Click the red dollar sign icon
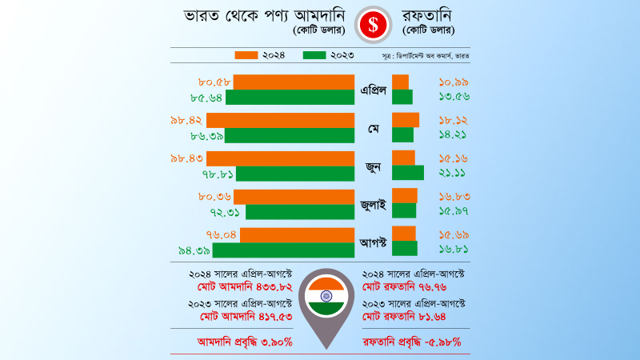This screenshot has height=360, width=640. coord(373,23)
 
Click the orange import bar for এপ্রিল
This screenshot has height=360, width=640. coord(294,82)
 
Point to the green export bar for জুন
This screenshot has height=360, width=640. coord(408,173)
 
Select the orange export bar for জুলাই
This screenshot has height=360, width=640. coord(405,196)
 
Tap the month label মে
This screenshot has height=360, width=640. coord(373,128)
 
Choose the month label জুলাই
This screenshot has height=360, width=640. coord(373,204)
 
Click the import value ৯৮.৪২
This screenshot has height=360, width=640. coord(186,120)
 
